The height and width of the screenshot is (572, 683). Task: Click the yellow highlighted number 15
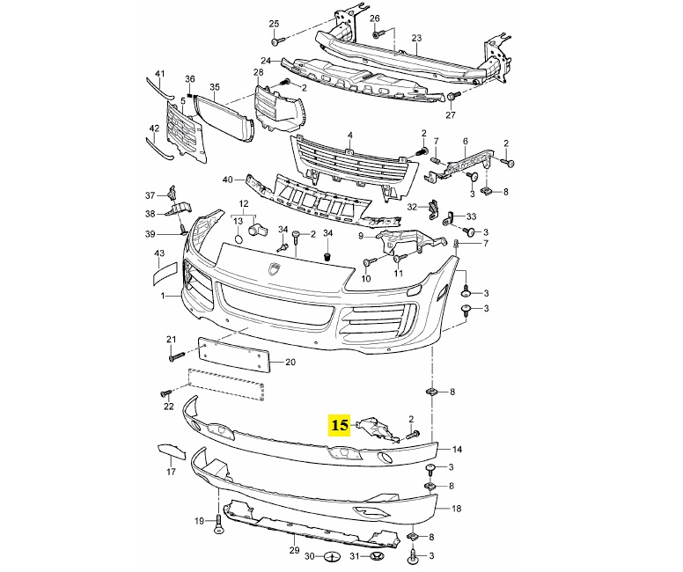[340, 425]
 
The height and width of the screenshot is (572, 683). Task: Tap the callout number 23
[416, 38]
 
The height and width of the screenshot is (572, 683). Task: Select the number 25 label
[274, 24]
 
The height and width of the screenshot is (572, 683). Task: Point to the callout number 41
[160, 74]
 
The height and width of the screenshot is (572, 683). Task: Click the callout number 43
[159, 253]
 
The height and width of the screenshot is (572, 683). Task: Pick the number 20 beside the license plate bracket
[290, 362]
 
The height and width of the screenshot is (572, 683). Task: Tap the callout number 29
[295, 550]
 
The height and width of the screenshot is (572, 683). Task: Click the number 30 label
[309, 556]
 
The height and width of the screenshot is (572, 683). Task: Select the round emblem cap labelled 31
[376, 556]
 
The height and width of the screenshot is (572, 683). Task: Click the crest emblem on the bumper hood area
[275, 270]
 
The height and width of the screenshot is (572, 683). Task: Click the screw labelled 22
[166, 393]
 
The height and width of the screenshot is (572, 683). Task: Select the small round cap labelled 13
[238, 239]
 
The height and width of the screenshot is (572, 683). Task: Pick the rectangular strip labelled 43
[165, 274]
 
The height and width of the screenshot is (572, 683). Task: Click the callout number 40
[228, 180]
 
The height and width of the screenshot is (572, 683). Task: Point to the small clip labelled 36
[190, 94]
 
